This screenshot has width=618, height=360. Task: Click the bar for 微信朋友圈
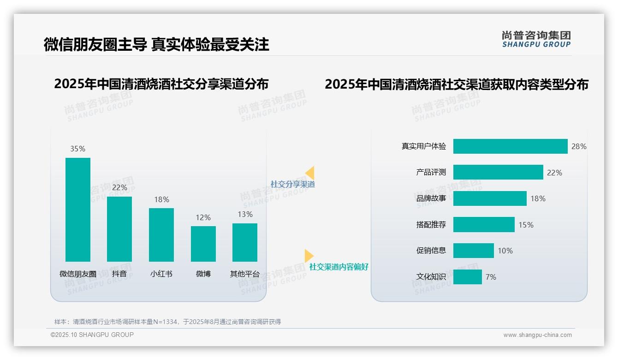click(x=78, y=210)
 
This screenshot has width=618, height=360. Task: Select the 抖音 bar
click(x=119, y=229)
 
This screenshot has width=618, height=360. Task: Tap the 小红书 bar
click(x=161, y=234)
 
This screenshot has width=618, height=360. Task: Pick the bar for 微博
click(x=203, y=244)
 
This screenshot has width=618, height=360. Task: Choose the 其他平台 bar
click(x=245, y=242)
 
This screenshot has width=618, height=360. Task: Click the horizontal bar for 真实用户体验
click(x=510, y=146)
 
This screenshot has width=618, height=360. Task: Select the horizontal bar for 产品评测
click(x=498, y=172)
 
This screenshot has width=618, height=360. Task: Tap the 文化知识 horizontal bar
click(x=468, y=277)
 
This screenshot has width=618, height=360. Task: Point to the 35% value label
click(x=78, y=149)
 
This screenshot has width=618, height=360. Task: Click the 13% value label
click(x=245, y=214)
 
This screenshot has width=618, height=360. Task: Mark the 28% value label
click(x=579, y=146)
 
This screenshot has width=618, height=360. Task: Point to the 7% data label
click(x=491, y=277)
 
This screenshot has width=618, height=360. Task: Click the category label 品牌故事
click(x=431, y=198)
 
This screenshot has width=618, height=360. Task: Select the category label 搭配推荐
click(x=431, y=225)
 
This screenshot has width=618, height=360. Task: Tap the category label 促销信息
click(x=431, y=251)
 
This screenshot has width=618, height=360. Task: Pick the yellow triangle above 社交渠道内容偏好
click(x=309, y=256)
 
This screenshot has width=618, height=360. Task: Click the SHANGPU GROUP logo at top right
click(x=536, y=39)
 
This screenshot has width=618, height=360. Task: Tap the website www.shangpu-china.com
click(x=537, y=335)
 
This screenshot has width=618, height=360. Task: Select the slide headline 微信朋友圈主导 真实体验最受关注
click(x=156, y=44)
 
